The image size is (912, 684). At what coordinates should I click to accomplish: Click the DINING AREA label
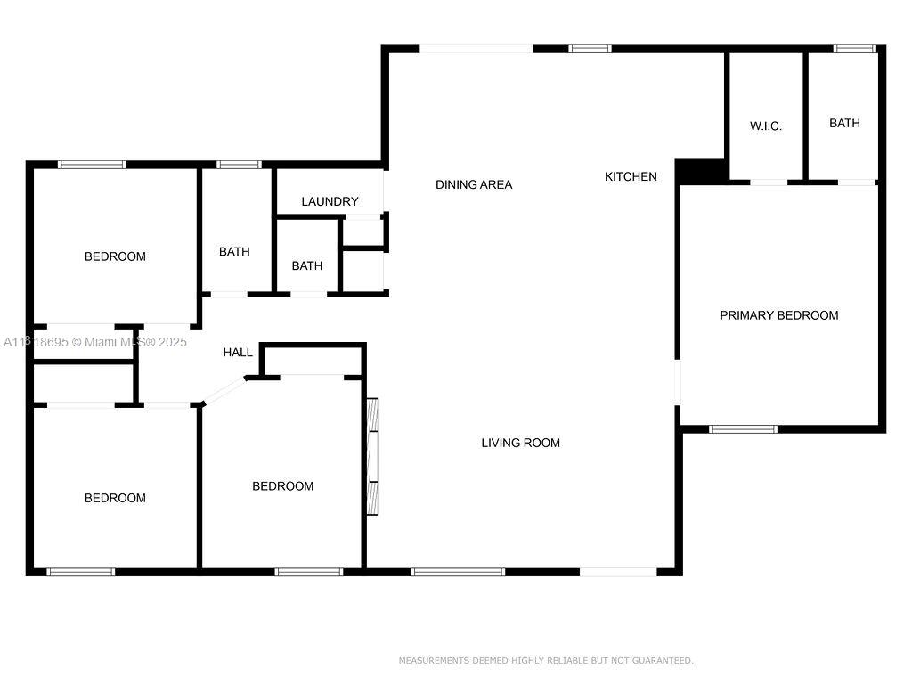(474, 185)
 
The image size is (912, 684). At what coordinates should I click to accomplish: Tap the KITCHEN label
(631, 177)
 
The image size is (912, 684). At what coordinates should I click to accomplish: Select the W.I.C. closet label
(765, 126)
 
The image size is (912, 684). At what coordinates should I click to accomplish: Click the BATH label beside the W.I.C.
(844, 123)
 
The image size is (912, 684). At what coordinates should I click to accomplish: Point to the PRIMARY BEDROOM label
(778, 315)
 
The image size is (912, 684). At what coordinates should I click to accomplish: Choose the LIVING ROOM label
(520, 444)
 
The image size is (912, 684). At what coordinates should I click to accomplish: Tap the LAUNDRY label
(330, 202)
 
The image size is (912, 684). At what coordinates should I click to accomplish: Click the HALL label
(238, 353)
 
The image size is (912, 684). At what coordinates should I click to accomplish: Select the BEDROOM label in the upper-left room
(115, 256)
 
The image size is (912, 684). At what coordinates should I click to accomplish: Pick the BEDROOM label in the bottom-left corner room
(115, 498)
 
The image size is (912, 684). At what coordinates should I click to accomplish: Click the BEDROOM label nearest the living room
(282, 486)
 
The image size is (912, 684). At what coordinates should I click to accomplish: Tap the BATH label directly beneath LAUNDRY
(307, 265)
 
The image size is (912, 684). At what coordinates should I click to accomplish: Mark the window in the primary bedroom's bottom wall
(743, 429)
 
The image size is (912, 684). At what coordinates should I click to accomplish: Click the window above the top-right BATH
(854, 48)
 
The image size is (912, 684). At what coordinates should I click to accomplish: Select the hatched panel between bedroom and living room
(372, 457)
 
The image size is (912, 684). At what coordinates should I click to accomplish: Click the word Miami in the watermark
(101, 342)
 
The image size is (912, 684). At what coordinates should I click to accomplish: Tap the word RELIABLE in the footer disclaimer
(564, 660)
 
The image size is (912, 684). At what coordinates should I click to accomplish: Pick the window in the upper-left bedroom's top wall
(92, 165)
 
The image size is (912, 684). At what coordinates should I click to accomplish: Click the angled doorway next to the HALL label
(224, 390)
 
